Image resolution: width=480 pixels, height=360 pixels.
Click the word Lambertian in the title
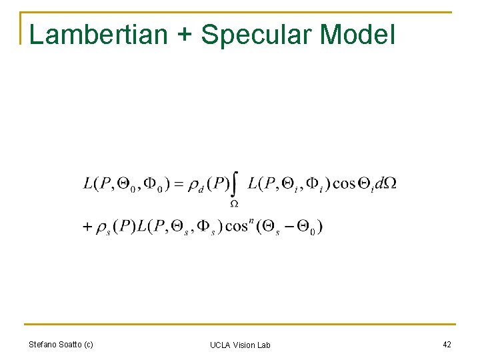pyautogui.click(x=98, y=35)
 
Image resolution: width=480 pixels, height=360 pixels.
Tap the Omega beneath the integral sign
pyautogui.click(x=235, y=202)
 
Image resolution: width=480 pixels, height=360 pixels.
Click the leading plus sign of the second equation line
pyautogui.click(x=87, y=227)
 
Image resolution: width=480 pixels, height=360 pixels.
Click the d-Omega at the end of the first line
pyautogui.click(x=385, y=183)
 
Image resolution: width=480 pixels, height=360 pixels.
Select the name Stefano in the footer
pyautogui.click(x=43, y=345)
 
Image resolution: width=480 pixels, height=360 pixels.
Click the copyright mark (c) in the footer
pyautogui.click(x=87, y=345)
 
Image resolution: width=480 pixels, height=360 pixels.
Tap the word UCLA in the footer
pyautogui.click(x=219, y=345)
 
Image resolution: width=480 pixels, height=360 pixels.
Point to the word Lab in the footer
pyautogui.click(x=264, y=345)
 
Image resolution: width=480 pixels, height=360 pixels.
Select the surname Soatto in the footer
pyautogui.click(x=70, y=345)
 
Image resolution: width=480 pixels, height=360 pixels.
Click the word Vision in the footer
pyautogui.click(x=243, y=345)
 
